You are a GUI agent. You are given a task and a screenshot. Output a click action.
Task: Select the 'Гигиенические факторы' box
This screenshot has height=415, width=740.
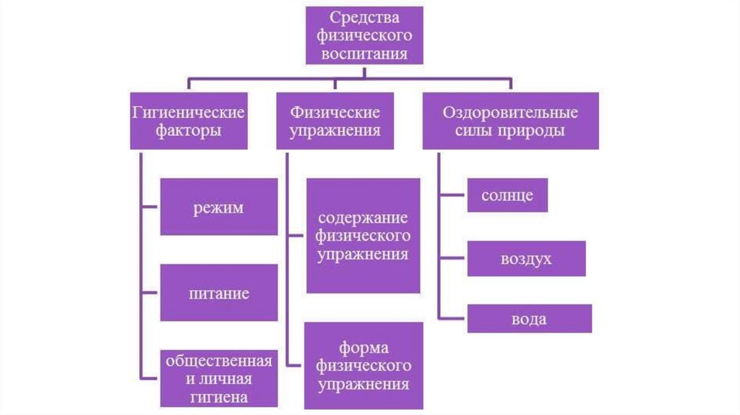click(x=188, y=121)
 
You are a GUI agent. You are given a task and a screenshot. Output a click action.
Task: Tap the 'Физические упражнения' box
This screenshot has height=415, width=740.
click(x=335, y=121)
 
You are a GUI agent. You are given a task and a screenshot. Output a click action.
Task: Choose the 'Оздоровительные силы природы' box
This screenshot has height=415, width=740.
click(x=510, y=121)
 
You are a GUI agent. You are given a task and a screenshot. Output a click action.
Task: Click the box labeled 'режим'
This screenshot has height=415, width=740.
click(x=218, y=208)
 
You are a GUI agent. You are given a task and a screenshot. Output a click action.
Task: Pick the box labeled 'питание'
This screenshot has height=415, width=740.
click(x=218, y=293)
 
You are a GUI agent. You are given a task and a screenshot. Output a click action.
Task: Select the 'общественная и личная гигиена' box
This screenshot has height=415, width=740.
click(x=218, y=378)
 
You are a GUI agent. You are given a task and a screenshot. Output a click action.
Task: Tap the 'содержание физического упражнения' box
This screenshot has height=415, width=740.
click(x=363, y=236)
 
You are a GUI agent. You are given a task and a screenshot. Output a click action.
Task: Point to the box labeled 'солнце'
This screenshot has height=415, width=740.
click(x=507, y=195)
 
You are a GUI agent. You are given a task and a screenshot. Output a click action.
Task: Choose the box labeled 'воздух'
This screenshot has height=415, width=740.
click(x=526, y=259)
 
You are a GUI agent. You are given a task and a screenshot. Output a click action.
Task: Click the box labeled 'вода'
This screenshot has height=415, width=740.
click(x=529, y=319)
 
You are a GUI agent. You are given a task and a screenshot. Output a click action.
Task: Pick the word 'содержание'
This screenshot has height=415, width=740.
click(x=363, y=218)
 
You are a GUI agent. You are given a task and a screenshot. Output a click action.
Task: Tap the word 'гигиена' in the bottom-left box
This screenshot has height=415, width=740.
click(x=218, y=396)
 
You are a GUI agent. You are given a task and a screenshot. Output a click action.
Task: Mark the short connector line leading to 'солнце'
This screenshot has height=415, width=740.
click(x=452, y=194)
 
